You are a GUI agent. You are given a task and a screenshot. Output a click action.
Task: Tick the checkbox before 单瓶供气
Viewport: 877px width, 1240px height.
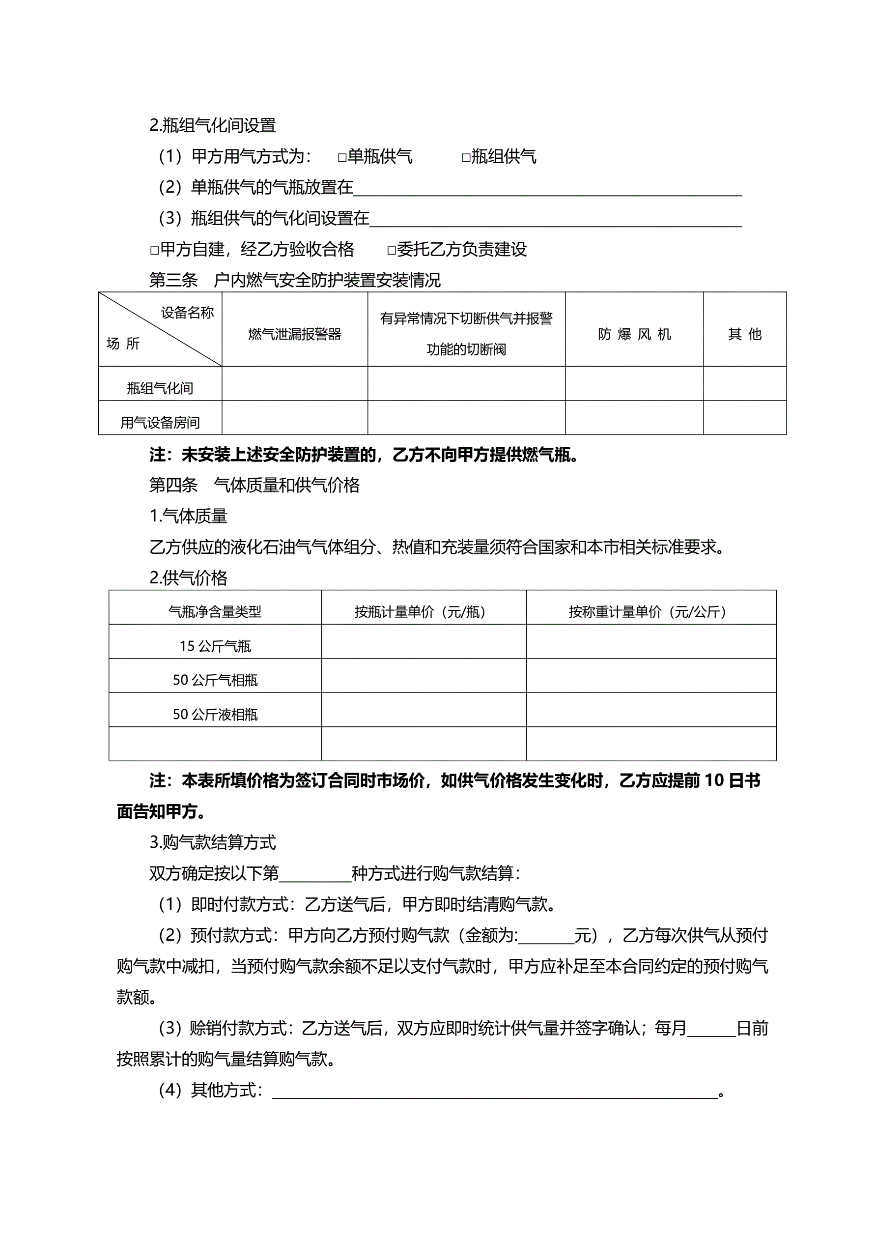[x=342, y=158]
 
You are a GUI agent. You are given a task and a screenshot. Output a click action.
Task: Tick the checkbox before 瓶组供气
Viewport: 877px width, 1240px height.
[x=466, y=158]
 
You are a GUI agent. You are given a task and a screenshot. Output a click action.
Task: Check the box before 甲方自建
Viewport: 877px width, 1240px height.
[x=154, y=251]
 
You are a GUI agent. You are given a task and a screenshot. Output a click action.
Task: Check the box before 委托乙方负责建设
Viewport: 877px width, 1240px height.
[x=392, y=251]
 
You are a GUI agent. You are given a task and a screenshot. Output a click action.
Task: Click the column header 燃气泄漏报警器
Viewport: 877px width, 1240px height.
[x=294, y=334]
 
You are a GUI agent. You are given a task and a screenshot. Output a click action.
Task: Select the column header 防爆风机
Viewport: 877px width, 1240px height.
[x=634, y=334]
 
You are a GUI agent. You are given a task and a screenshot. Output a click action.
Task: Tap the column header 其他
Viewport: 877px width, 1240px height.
[x=744, y=334]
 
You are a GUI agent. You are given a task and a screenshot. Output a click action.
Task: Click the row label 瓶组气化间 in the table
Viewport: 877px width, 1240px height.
[x=160, y=388]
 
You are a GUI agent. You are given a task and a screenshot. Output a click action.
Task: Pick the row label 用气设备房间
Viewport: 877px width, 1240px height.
[x=160, y=422]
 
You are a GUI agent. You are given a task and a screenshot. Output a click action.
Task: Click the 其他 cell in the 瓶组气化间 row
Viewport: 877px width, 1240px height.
[x=744, y=383]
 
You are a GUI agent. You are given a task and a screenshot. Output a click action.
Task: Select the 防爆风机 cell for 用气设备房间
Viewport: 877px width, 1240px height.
[x=634, y=417]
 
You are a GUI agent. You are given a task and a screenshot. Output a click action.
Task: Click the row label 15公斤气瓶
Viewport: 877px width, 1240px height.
[x=215, y=646]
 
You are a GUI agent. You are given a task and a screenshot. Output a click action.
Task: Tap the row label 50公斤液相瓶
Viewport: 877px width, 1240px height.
[x=215, y=714]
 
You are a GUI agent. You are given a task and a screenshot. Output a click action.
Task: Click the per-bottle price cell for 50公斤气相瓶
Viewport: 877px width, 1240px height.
[x=424, y=676]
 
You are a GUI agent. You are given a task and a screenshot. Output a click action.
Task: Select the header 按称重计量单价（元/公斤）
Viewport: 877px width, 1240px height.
[x=650, y=611]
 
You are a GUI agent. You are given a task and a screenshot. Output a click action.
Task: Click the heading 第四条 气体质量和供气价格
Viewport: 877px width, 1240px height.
[x=255, y=485]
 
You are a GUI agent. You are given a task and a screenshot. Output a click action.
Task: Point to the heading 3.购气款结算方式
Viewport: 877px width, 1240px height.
[x=212, y=842]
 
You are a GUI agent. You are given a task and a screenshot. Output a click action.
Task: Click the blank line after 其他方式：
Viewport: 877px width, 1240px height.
[x=494, y=1091]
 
